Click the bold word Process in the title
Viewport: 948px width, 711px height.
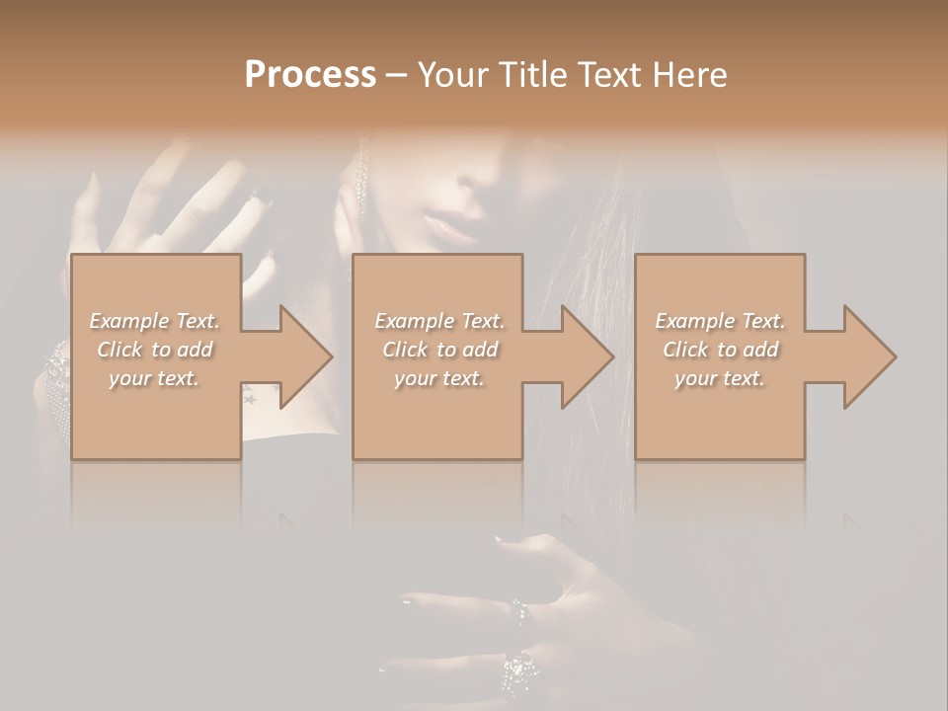point(310,75)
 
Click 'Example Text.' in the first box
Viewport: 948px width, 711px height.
point(154,321)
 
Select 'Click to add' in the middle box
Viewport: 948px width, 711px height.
point(438,350)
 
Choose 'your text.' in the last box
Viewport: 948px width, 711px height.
point(720,378)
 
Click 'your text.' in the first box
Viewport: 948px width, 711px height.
point(154,378)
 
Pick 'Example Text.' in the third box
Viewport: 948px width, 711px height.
point(720,321)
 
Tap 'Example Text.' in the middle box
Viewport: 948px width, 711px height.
point(438,321)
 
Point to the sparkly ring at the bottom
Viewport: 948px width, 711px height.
point(519,675)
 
